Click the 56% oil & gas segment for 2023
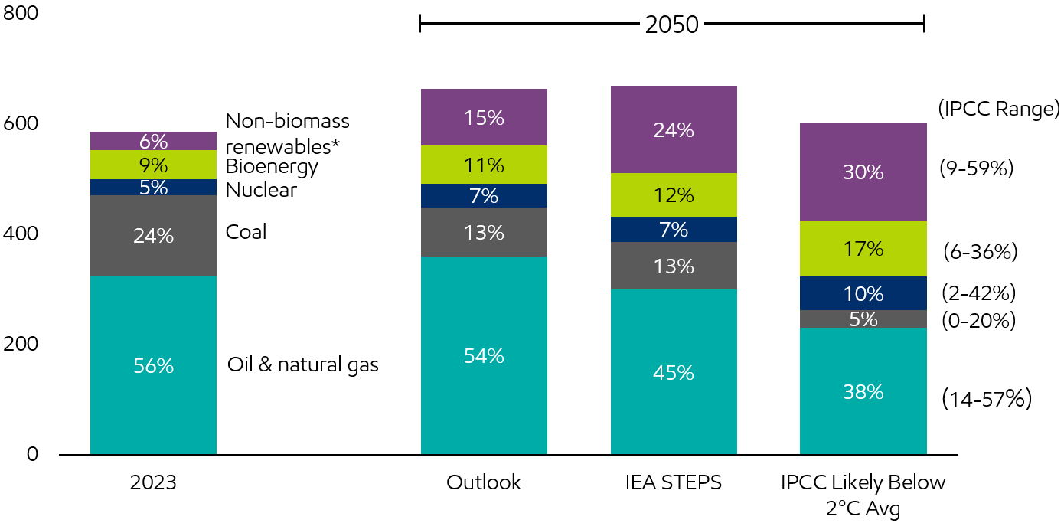pos(153,365)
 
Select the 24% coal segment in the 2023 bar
pos(153,235)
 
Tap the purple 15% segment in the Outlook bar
pos(484,117)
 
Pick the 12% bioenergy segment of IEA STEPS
pos(674,194)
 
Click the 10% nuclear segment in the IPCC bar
pos(863,293)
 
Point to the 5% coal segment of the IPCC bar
pos(863,319)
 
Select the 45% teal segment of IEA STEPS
pos(674,372)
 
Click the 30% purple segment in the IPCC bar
pos(863,172)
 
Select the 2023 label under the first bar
pos(153,482)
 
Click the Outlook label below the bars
pos(484,482)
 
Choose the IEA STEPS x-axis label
pos(674,482)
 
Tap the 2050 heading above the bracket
pos(672,25)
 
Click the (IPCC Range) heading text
pos(999,109)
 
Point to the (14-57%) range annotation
pos(987,398)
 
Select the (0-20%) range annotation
pos(979,321)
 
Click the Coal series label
pos(246,232)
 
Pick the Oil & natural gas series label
pos(303,364)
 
